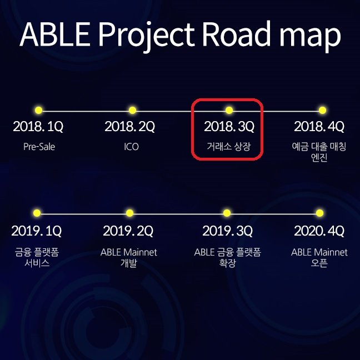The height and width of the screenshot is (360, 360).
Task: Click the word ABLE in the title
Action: coord(54,34)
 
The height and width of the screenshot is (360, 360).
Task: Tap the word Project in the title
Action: coord(146,37)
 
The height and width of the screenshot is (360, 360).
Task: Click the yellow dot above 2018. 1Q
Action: coord(39,110)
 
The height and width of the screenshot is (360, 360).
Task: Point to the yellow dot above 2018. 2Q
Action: coord(132,110)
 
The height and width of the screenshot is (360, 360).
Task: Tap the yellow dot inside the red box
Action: coord(229,110)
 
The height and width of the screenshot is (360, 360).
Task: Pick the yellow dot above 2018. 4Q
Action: coord(322,110)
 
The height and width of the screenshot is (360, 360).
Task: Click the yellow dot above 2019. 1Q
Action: coord(37,213)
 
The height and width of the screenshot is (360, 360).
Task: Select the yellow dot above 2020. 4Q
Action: coord(319,213)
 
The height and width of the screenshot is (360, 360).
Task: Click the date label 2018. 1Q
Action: coord(38,127)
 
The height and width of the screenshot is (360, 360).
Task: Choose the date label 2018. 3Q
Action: coord(229,127)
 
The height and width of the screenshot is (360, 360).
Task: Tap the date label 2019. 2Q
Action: coord(128,231)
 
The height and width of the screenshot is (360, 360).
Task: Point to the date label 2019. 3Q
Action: coord(228,231)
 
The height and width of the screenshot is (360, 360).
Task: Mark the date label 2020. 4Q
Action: coord(319,231)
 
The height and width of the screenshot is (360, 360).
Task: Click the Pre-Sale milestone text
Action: coord(39,147)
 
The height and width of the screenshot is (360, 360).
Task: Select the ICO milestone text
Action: coord(131,147)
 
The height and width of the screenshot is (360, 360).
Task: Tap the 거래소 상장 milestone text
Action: coord(229,147)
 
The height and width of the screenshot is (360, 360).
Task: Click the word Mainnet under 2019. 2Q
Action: coord(140,252)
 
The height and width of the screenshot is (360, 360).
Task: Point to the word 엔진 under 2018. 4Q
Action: coord(319,157)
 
